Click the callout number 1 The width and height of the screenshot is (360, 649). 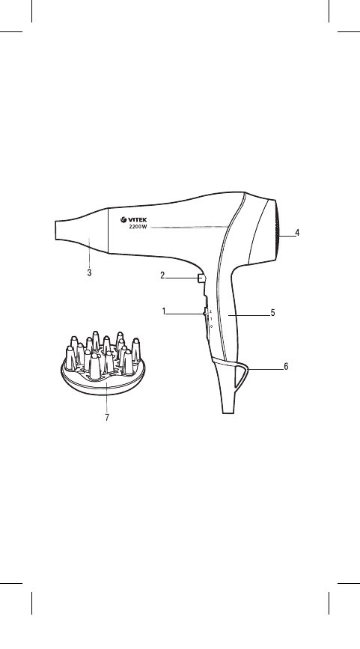pyautogui.click(x=164, y=311)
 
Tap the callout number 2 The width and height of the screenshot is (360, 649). pyautogui.click(x=162, y=275)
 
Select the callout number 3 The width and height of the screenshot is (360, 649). pyautogui.click(x=89, y=272)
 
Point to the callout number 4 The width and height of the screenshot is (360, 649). pyautogui.click(x=297, y=233)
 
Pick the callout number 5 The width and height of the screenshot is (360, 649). pyautogui.click(x=272, y=312)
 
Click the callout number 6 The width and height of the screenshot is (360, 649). pyautogui.click(x=286, y=366)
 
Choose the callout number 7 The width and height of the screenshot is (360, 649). pyautogui.click(x=107, y=417)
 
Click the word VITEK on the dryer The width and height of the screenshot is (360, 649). pyautogui.click(x=137, y=220)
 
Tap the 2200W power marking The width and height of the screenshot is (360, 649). pyautogui.click(x=138, y=228)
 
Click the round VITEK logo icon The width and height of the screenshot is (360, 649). pyautogui.click(x=123, y=220)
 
